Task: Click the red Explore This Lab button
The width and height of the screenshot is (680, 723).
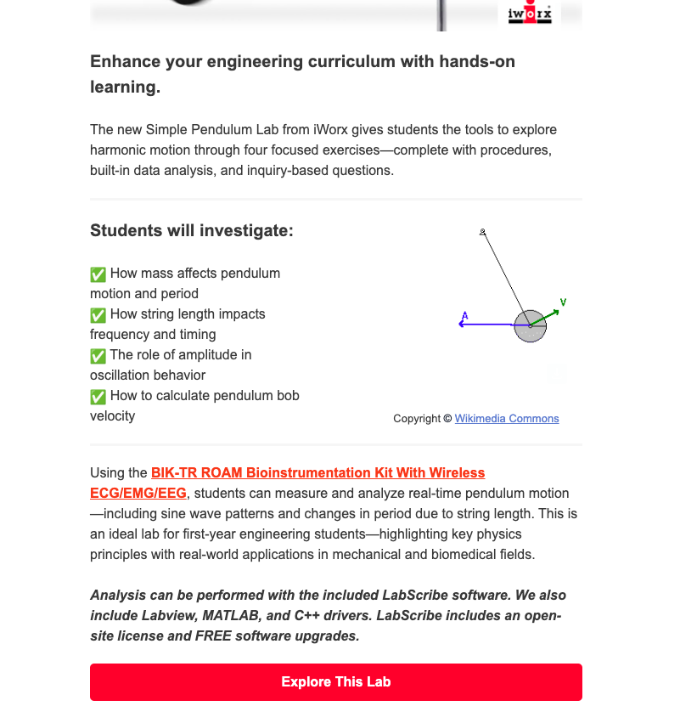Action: tap(335, 682)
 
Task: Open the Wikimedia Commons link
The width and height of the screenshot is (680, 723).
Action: tap(507, 419)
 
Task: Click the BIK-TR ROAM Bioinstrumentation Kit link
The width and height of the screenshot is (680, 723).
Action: tap(318, 473)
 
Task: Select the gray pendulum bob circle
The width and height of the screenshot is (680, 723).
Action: tap(530, 326)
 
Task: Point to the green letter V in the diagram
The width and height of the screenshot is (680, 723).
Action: tap(563, 302)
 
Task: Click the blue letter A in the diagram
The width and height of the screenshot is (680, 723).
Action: tap(464, 316)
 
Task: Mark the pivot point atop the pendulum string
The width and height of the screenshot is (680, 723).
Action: tap(483, 231)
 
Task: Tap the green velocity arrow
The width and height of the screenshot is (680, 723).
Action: tap(548, 316)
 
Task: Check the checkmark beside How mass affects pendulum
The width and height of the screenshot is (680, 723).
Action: tap(98, 274)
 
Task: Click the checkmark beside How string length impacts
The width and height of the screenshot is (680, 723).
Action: tap(98, 314)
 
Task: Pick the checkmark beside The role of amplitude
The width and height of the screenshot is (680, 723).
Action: tap(98, 355)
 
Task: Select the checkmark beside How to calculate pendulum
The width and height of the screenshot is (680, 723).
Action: tap(98, 396)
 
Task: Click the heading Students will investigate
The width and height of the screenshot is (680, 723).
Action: tap(192, 230)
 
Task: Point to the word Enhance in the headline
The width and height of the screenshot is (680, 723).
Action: tap(124, 62)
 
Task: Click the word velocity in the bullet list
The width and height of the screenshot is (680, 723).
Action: tap(112, 416)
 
